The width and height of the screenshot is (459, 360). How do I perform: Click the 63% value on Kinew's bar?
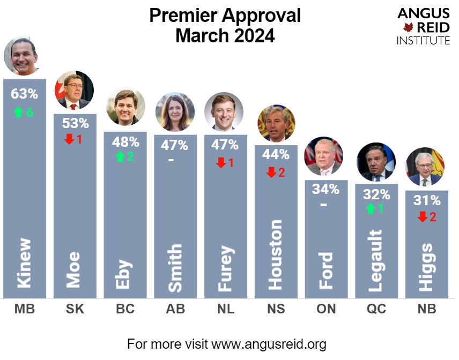click(25, 94)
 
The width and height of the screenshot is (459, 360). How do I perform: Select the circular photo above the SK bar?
click(74, 91)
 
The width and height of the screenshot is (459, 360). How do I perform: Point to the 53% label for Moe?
click(75, 123)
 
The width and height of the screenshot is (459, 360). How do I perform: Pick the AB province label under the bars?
click(175, 309)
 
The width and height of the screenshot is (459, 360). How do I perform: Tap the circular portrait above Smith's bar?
click(175, 112)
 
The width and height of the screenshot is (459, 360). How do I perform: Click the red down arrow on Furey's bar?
click(220, 163)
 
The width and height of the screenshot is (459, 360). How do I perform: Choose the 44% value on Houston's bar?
click(276, 155)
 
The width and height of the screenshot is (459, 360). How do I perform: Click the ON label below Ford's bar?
click(325, 309)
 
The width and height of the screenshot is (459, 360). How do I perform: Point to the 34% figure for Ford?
click(326, 189)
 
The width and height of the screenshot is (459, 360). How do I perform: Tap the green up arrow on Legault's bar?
click(371, 209)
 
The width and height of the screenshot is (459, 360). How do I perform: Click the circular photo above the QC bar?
click(376, 162)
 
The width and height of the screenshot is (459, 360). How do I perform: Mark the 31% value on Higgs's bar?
click(427, 200)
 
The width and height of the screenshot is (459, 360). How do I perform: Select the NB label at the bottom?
click(426, 309)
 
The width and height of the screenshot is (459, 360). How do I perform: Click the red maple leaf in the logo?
click(409, 27)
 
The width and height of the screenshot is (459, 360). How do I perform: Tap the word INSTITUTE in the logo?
click(423, 40)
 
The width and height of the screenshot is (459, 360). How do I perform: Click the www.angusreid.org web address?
click(269, 343)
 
